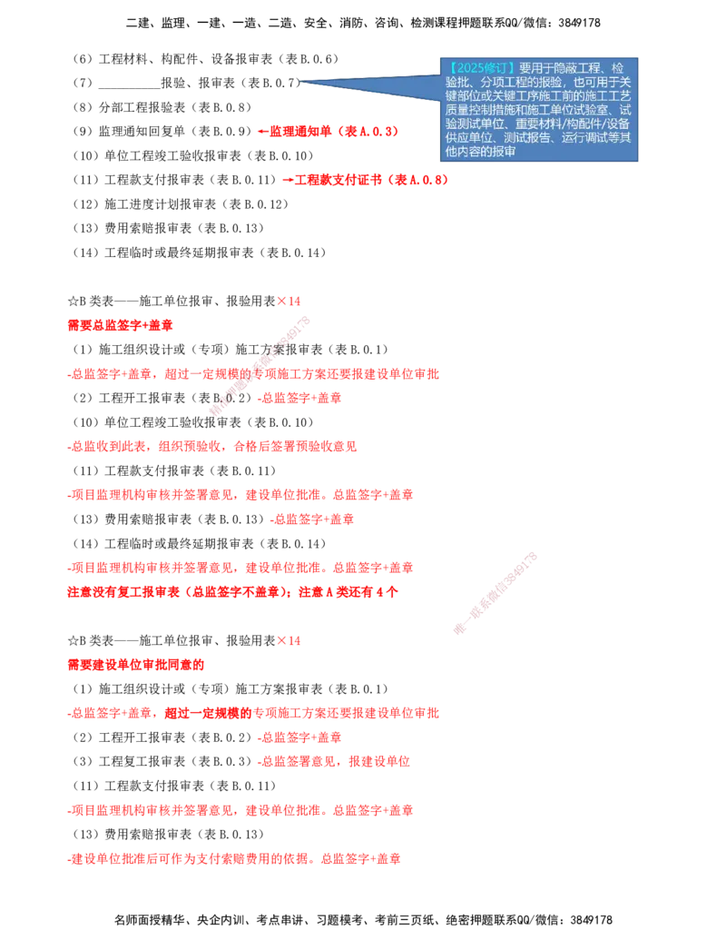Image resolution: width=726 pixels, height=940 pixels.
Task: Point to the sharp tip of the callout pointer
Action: tap(301, 83)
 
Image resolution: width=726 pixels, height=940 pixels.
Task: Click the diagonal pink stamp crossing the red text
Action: tap(260, 365)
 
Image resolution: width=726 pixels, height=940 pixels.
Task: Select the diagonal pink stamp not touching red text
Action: tap(495, 592)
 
